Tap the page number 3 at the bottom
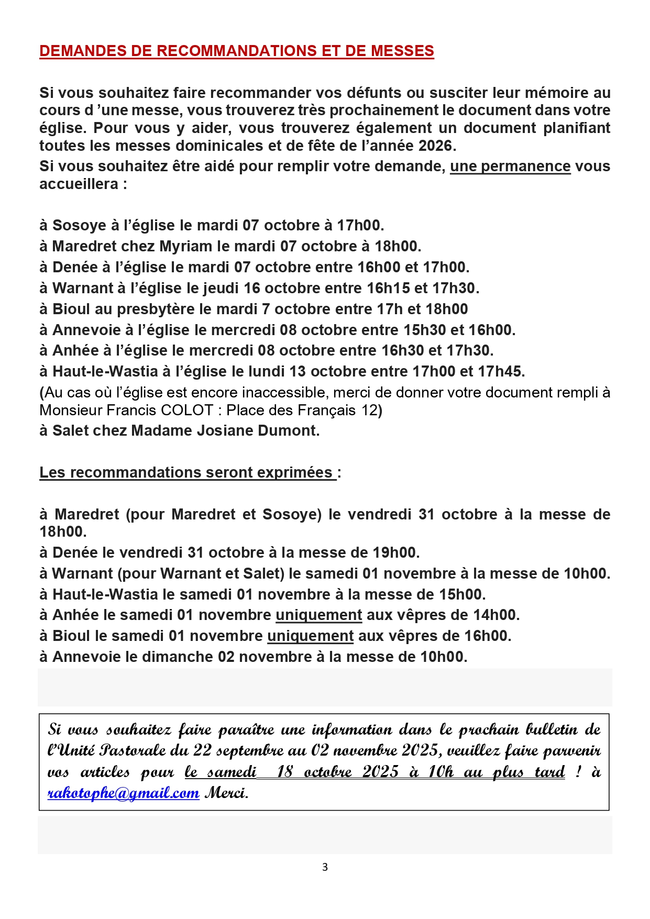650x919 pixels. tap(325, 867)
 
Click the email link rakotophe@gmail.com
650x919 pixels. tap(124, 793)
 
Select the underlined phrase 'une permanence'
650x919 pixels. tap(510, 166)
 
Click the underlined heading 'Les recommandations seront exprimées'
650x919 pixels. tap(187, 472)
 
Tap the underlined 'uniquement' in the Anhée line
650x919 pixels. tap(319, 615)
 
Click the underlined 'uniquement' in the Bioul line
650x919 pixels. tap(311, 636)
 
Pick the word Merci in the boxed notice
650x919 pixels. tap(226, 793)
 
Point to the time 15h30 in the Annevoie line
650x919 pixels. tap(425, 330)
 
